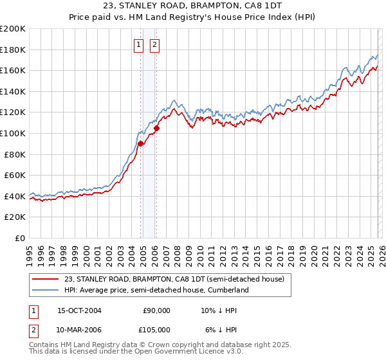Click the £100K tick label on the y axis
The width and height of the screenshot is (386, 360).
pyautogui.click(x=13, y=133)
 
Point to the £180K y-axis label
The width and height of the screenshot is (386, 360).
pyautogui.click(x=13, y=50)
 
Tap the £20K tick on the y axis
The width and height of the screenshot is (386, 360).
pyautogui.click(x=15, y=217)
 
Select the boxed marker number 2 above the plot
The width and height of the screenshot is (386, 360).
pyautogui.click(x=155, y=44)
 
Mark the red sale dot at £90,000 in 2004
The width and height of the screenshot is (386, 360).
pyautogui.click(x=140, y=144)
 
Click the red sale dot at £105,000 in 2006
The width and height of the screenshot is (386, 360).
pyautogui.click(x=156, y=128)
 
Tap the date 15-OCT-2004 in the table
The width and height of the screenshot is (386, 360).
pyautogui.click(x=79, y=310)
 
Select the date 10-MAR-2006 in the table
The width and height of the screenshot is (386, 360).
pyautogui.click(x=79, y=329)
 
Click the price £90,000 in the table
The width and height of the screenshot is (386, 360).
pyautogui.click(x=156, y=310)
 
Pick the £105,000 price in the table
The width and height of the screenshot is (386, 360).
pyautogui.click(x=154, y=329)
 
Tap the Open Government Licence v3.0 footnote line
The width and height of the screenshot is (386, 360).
pyautogui.click(x=136, y=352)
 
